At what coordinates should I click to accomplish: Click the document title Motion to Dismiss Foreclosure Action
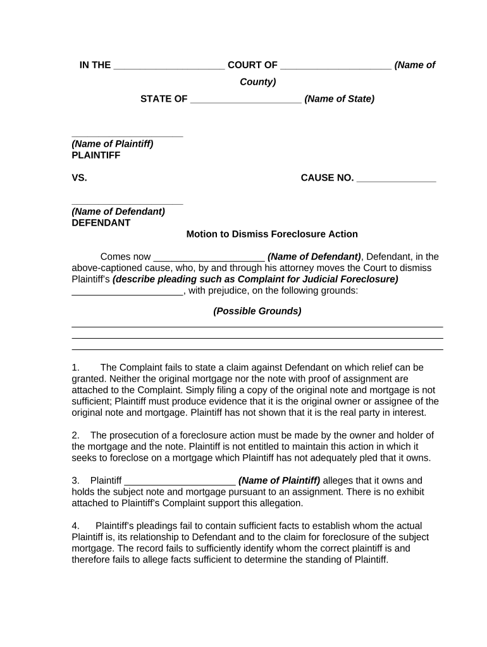pos(271,234)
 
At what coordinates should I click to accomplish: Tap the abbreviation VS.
pos(79,178)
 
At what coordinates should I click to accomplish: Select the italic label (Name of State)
pos(339,99)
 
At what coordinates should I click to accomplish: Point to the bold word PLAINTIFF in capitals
pos(96,155)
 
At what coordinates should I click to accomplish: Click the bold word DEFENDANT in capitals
pos(101,223)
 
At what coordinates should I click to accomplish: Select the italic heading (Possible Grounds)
pos(257,311)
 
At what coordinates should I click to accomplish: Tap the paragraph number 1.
pos(75,367)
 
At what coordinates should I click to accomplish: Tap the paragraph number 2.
pos(75,435)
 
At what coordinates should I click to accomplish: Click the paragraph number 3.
pos(75,481)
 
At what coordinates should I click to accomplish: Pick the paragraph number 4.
pos(75,526)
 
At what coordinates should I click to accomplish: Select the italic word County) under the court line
pos(257,82)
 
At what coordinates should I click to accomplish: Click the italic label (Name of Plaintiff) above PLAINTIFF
pos(112,144)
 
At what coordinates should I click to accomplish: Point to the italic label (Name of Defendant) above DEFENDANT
pos(118,212)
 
